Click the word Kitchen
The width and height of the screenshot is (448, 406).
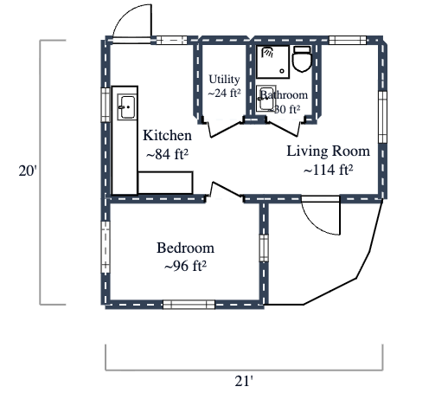click(167, 136)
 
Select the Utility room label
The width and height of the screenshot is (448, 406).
click(224, 80)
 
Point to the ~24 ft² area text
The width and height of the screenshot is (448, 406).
click(224, 93)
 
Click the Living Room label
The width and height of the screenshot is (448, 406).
click(328, 151)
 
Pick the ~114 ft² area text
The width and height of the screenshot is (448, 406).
click(328, 170)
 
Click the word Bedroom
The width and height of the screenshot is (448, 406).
click(185, 248)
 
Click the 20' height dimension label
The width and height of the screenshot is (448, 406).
click(28, 171)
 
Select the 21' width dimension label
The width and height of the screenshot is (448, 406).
click(245, 379)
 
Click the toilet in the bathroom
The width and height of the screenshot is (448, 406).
click(302, 61)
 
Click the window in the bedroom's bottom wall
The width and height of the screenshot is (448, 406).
click(189, 304)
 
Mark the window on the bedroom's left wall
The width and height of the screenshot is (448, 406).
click(106, 246)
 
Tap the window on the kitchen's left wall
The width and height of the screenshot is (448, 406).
click(106, 106)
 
